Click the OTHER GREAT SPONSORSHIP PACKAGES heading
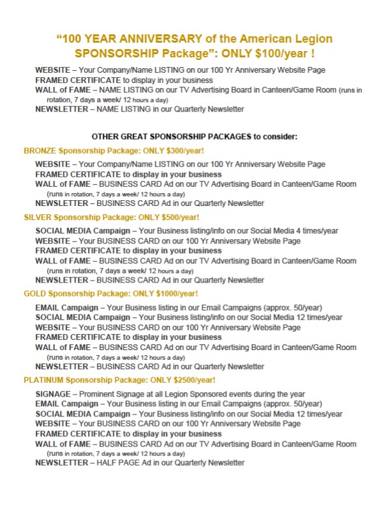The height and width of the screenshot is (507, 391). (195, 136)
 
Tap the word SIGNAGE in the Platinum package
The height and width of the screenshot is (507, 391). (53, 394)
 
